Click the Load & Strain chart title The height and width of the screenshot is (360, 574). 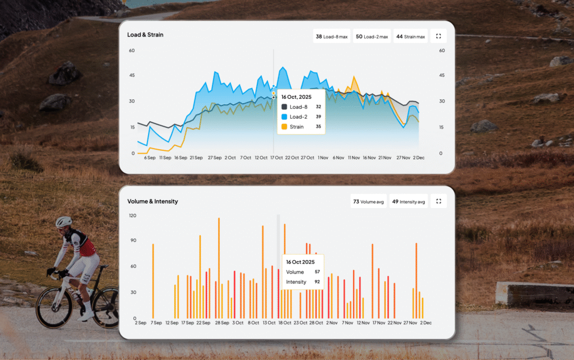[145, 35]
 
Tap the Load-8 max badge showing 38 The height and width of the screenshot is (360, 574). [331, 36]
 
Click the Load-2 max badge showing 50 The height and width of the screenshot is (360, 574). [372, 36]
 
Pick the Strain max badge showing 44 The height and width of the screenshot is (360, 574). [410, 36]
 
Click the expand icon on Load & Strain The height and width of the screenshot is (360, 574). [438, 36]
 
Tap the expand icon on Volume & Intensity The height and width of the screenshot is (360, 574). [438, 201]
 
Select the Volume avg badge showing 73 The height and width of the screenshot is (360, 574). [368, 201]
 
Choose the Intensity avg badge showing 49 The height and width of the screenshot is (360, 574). [409, 201]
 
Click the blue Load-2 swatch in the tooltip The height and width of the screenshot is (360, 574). [284, 117]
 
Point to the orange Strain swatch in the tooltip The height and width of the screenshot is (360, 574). [284, 127]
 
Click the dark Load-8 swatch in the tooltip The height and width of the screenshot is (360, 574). [284, 107]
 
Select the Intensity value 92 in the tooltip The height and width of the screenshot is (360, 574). [317, 281]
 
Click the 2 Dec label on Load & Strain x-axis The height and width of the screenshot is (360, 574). [418, 158]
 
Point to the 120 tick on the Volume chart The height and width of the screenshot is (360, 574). [132, 215]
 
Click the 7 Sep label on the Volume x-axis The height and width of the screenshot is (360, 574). [156, 323]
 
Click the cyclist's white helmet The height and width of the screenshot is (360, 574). [63, 221]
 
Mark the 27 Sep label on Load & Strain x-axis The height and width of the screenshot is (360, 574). [214, 158]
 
